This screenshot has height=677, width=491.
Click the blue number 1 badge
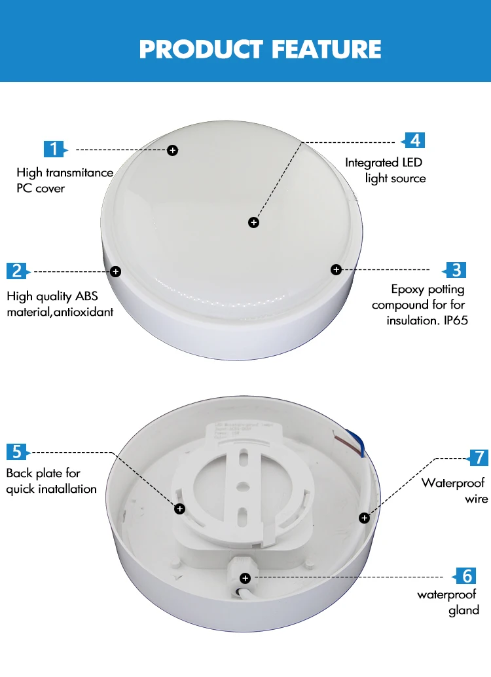pos(55,149)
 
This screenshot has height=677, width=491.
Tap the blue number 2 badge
pos(18,271)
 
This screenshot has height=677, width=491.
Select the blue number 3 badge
pos(456,269)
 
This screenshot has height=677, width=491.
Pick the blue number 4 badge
pos(414,140)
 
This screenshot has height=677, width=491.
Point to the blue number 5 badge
pos(18,452)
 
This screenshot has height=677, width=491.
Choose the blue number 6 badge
pos(467,576)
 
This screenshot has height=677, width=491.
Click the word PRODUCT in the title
pos(201,49)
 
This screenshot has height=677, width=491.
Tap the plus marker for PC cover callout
pos(173,150)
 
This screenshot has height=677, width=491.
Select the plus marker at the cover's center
pos(254,223)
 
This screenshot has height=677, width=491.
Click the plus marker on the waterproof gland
pos(245,578)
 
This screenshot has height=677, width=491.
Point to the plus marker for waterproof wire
pos(364,518)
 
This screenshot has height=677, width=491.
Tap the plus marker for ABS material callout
pos(116,271)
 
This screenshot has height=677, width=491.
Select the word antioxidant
pos(81,312)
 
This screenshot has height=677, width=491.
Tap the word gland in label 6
pos(464,610)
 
